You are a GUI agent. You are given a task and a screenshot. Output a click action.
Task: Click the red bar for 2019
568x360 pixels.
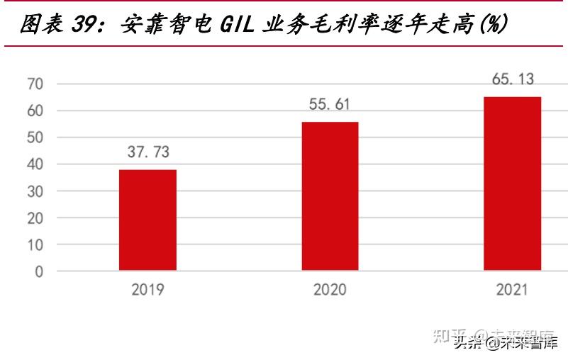coord(147,220)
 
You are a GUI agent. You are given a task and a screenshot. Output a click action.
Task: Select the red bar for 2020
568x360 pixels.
coord(330,196)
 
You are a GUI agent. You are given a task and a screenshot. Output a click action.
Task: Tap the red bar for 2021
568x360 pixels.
coord(512,184)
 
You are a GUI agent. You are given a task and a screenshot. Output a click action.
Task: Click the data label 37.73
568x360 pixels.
coord(147,152)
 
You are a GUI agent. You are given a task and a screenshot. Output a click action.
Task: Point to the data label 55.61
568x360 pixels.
coord(330,104)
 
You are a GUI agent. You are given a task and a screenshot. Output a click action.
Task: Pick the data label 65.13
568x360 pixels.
coord(513,79)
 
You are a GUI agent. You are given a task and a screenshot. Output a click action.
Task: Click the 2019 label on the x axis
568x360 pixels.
coord(147,290)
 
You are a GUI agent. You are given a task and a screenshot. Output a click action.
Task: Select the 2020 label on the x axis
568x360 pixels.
coord(330,290)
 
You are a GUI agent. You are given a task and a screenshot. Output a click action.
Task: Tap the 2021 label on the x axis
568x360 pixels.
coord(512,290)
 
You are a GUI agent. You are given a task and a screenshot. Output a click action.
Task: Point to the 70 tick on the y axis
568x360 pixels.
coord(35,84)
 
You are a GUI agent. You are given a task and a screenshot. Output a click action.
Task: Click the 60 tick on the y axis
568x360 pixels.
coord(35,111)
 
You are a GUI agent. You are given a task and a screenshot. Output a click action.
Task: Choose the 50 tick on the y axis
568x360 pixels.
coord(35,137)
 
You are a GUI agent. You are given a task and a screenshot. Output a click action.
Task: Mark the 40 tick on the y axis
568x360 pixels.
coord(35,164)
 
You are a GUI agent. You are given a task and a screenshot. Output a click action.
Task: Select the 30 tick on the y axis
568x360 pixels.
coord(35,191)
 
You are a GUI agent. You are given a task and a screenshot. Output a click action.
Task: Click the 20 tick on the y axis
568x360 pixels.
coord(35,218)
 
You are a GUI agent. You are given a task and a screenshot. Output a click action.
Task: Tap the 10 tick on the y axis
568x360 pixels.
coord(35,244)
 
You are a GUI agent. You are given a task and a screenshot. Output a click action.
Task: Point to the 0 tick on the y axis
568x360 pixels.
coord(40,271)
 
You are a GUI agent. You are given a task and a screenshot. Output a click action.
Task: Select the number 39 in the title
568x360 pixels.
coord(86,25)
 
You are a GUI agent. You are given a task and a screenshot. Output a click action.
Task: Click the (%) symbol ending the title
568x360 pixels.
coord(492,25)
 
